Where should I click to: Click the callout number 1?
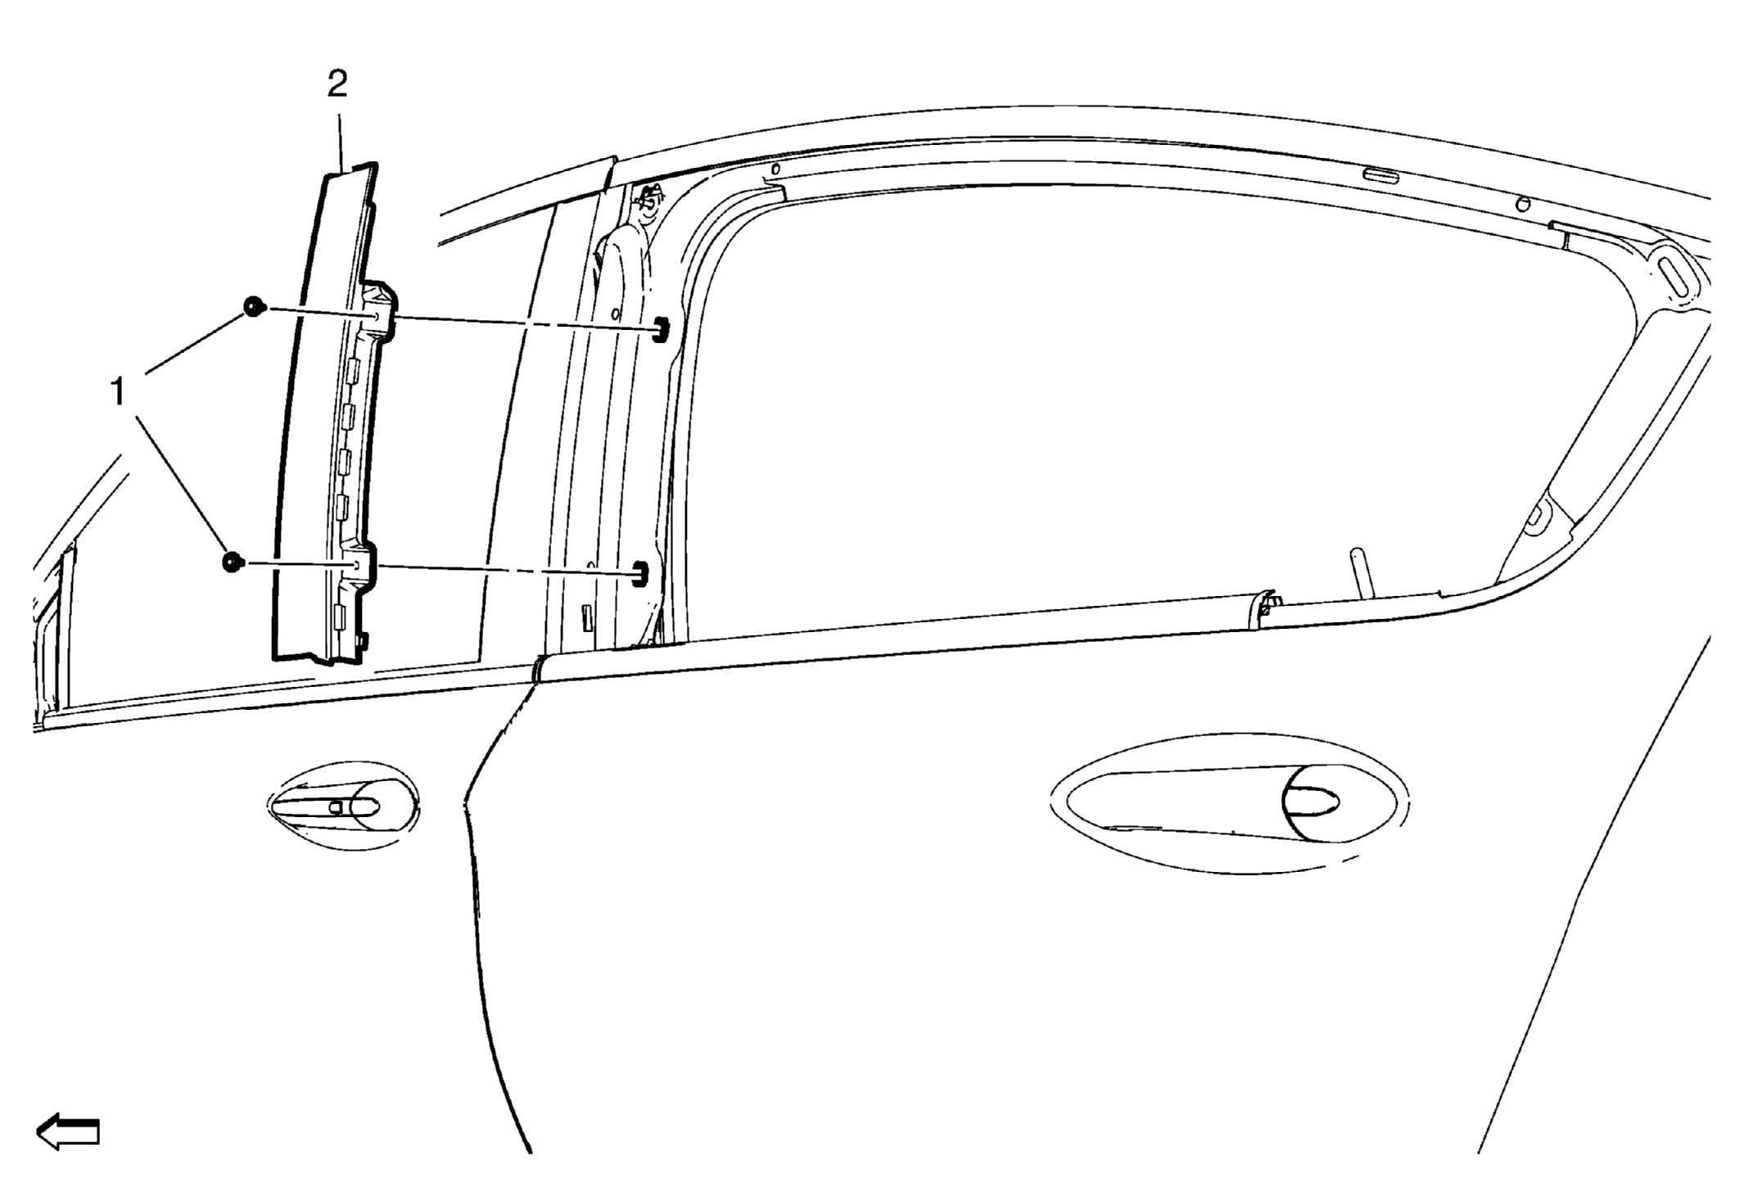[119, 392]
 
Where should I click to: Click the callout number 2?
[337, 84]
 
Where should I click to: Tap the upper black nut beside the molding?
[255, 307]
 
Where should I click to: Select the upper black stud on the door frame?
[659, 329]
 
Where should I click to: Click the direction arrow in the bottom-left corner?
[68, 1132]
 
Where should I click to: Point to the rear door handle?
[1228, 803]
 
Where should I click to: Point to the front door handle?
[343, 806]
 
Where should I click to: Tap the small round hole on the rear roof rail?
[1522, 203]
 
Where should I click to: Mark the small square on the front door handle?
[335, 806]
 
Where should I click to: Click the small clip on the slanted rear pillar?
[1537, 516]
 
